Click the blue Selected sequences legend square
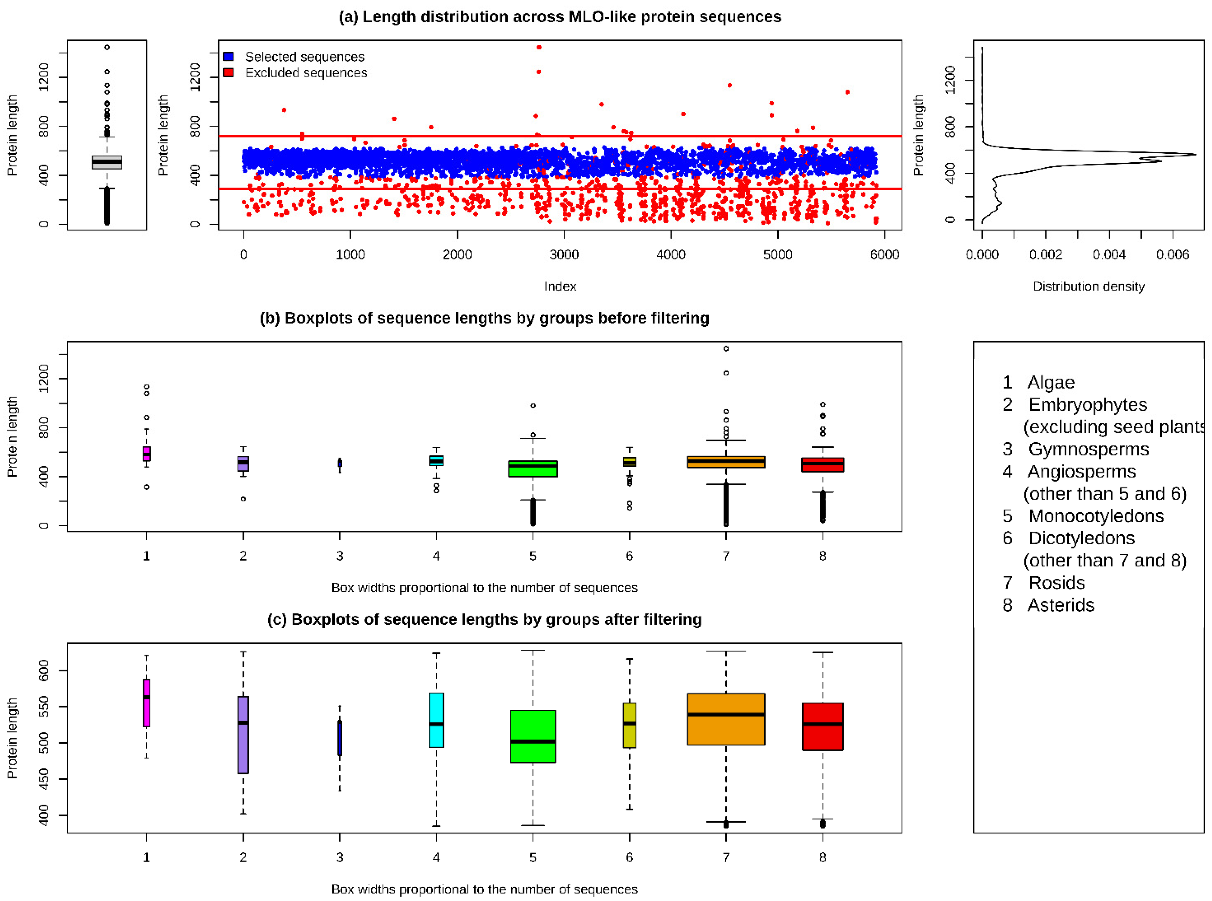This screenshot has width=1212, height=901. [x=229, y=56]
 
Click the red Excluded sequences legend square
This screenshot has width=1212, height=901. [x=229, y=72]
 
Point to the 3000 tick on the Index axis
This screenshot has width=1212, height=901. [x=564, y=254]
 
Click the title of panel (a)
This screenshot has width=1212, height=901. [x=560, y=17]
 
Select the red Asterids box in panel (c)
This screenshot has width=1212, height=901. [x=823, y=726]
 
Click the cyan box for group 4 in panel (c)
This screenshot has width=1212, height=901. [x=436, y=720]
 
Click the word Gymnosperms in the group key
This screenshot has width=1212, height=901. [x=1088, y=449]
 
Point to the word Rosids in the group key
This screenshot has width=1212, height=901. [x=1056, y=582]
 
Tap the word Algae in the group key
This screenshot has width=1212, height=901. [x=1051, y=382]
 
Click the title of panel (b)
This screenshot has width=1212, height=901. [x=484, y=318]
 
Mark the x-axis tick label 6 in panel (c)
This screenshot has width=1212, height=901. [x=630, y=858]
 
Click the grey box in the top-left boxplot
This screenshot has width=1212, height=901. [x=107, y=163]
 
